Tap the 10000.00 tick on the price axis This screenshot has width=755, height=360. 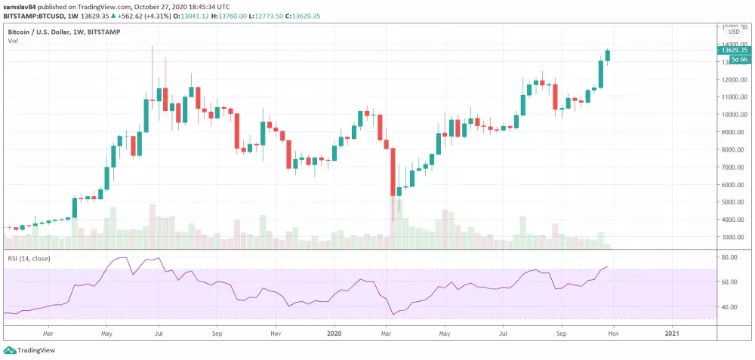[734, 114]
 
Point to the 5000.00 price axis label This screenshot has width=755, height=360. [734, 202]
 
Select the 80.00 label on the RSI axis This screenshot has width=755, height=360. [729, 257]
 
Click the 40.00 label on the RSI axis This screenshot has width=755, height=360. [729, 307]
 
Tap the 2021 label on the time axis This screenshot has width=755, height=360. [671, 331]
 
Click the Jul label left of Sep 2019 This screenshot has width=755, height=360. [159, 331]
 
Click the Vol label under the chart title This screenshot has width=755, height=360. [13, 41]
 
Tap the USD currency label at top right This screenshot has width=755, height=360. [733, 32]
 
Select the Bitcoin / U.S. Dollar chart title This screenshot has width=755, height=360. [44, 32]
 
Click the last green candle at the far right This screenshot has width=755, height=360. [608, 55]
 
